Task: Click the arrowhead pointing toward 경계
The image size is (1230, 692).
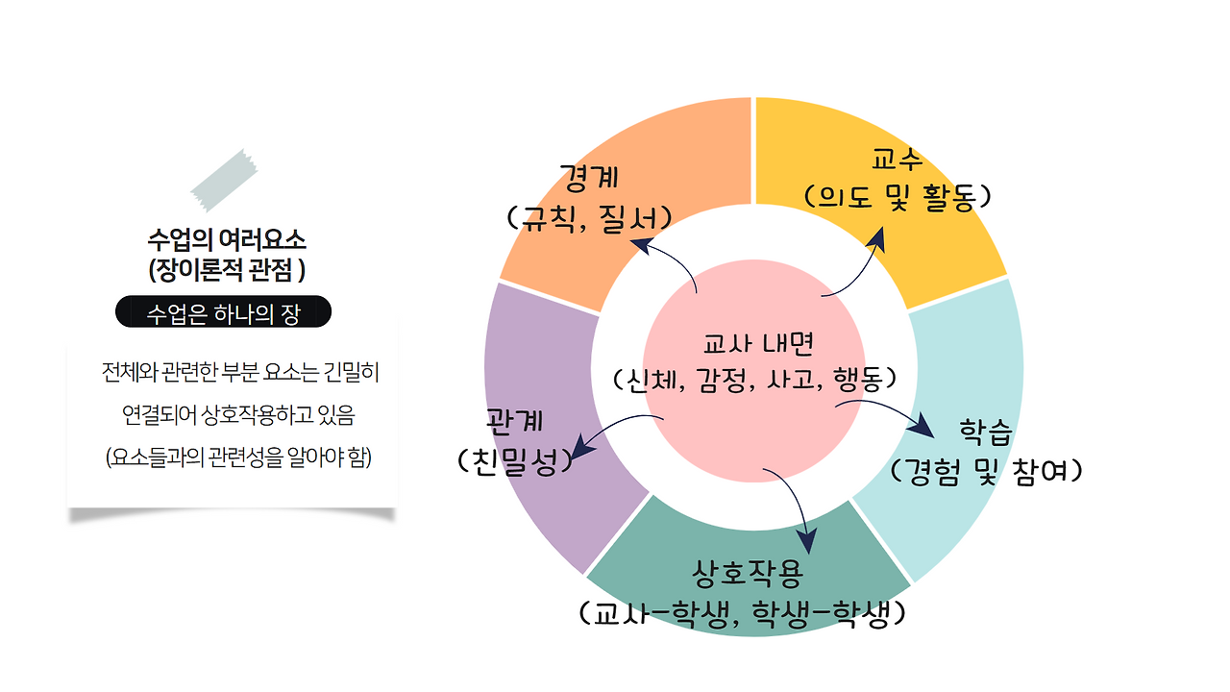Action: coord(639,243)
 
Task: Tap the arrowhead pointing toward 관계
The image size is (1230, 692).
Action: coord(580,449)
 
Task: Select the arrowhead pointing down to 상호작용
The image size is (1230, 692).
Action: coord(807,544)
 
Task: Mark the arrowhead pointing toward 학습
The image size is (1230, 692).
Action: coord(922,427)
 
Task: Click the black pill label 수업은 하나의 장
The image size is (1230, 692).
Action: coord(223,312)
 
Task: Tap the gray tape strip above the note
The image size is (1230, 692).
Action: coord(224,180)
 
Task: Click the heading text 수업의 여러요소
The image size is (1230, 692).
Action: coord(227,238)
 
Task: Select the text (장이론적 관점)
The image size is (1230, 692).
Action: coord(227,269)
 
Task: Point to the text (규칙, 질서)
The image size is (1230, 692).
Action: coord(587,216)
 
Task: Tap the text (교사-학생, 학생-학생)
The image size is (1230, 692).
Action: coord(744,612)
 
